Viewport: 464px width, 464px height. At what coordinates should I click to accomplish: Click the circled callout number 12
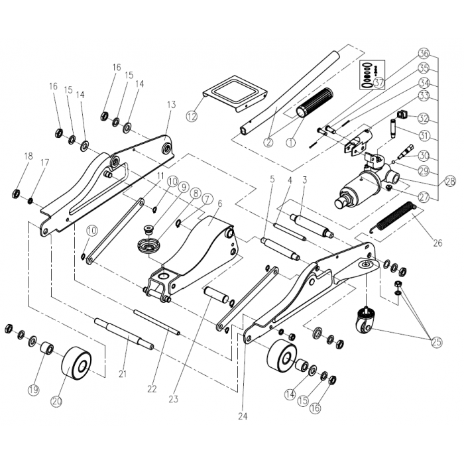click(x=192, y=117)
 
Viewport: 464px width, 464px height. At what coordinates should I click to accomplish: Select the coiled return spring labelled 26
click(x=397, y=218)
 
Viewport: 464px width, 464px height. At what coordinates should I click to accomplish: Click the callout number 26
click(x=437, y=243)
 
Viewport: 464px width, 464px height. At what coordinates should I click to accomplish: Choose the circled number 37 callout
click(x=378, y=83)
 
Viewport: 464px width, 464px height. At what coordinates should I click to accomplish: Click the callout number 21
click(x=123, y=374)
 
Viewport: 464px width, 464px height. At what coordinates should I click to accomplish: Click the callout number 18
click(x=28, y=156)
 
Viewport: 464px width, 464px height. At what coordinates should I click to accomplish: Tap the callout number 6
click(x=220, y=204)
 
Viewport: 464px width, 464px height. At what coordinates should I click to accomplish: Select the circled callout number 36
click(x=424, y=53)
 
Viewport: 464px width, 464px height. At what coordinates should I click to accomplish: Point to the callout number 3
click(x=304, y=180)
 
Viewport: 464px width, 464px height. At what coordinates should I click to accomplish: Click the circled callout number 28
click(x=450, y=181)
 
